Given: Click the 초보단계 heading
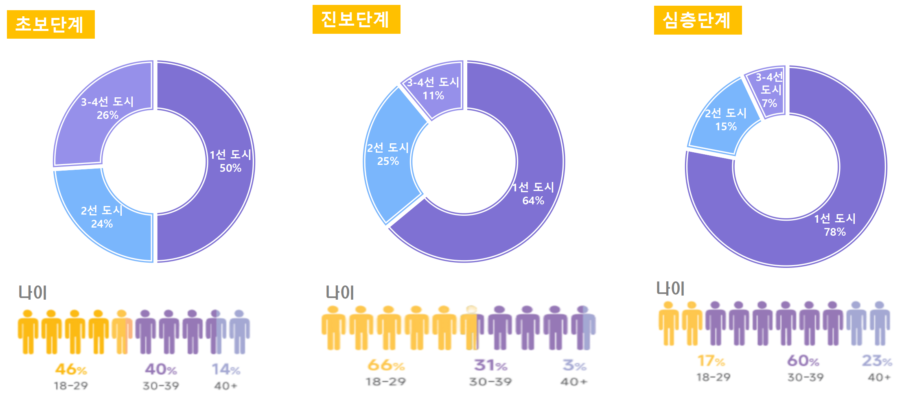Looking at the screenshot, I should [x=50, y=24].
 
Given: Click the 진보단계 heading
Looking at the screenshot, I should [x=356, y=20].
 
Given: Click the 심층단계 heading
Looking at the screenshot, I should [x=698, y=20].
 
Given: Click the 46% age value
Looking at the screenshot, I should [x=71, y=369].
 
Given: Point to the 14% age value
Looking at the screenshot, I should [x=226, y=369].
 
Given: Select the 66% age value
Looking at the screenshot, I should [x=386, y=365].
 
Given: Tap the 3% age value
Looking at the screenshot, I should [x=574, y=365].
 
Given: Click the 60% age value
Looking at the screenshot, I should [x=803, y=361].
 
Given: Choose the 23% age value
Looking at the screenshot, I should [x=877, y=361].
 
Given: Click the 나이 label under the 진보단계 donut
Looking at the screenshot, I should [x=340, y=293].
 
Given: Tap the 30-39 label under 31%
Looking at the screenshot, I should [x=490, y=382].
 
